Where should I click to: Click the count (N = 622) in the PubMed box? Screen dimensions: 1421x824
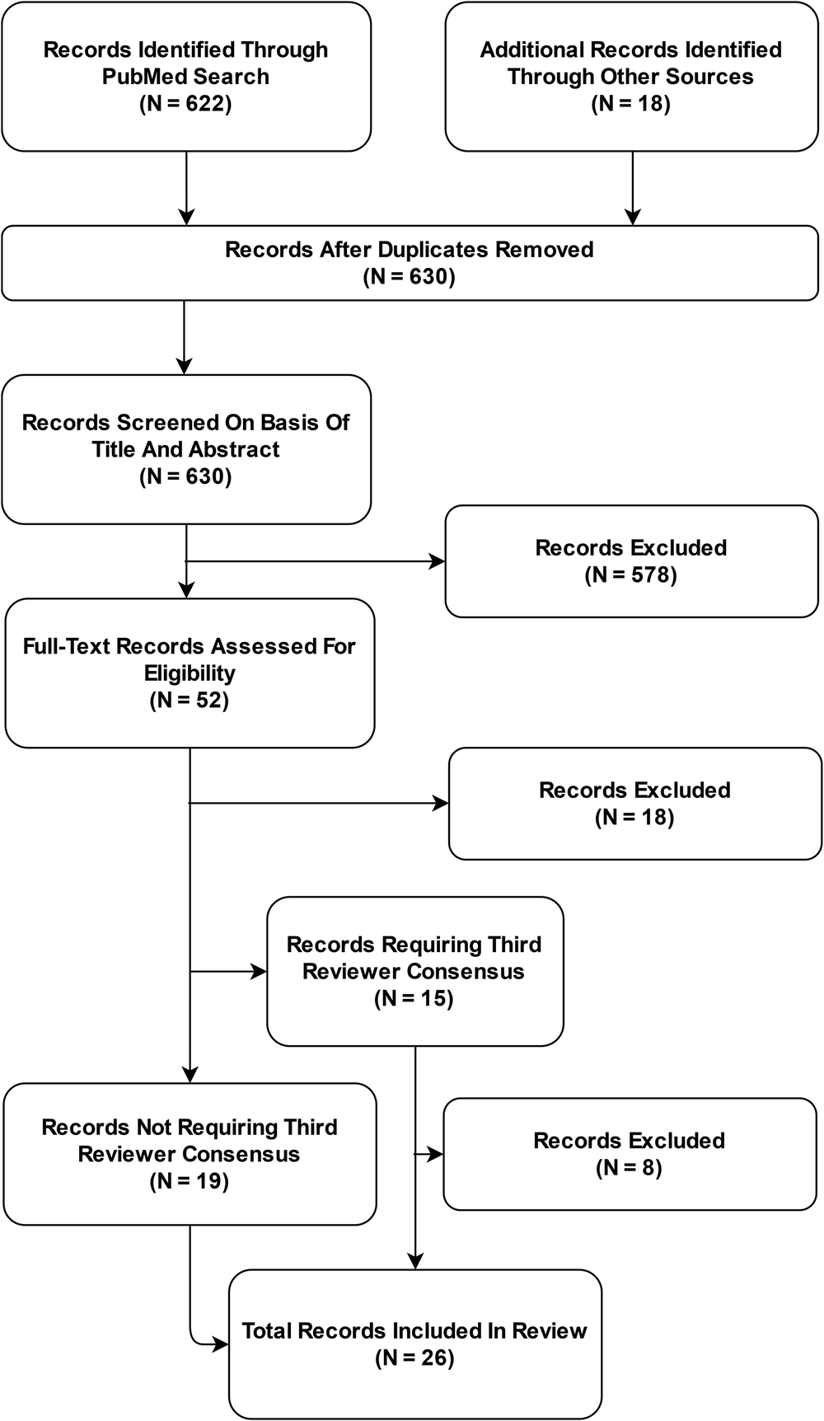185,104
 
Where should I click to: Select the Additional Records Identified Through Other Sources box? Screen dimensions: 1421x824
631,77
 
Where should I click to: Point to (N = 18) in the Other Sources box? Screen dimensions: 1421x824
631,104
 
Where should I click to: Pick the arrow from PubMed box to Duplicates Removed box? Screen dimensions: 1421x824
187,188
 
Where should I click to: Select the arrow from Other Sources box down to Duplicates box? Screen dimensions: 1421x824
633,188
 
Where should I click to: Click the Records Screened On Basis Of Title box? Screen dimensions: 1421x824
186,449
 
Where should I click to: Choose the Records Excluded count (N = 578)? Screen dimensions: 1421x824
631,575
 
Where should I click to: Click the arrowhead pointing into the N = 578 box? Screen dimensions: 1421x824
438,562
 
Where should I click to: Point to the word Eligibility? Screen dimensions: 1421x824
190,673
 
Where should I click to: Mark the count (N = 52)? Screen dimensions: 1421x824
190,701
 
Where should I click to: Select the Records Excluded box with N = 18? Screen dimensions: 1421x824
634,804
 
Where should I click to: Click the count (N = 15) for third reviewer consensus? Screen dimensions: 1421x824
414,999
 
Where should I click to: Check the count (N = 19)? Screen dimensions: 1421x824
190,1181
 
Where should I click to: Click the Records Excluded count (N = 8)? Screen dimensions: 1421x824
629,1168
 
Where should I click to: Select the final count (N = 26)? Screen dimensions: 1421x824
414,1358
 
